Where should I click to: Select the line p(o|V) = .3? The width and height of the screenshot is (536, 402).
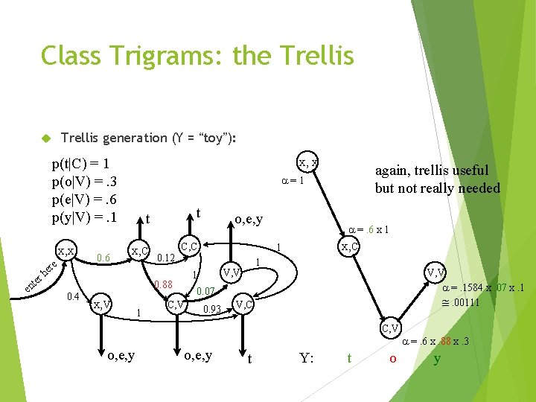point(84,182)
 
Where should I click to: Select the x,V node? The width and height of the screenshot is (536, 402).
point(101,304)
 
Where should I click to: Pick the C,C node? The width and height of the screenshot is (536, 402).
point(189,246)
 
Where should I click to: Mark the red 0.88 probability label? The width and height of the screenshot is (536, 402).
point(162,284)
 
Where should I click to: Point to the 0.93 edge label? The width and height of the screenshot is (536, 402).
point(213,309)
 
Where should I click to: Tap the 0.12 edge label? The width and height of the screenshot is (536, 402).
point(165,258)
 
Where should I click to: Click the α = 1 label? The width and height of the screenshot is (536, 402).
point(291,180)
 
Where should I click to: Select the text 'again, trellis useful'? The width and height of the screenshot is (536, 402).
point(432,170)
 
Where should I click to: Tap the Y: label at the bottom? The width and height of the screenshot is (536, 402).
point(306,358)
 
